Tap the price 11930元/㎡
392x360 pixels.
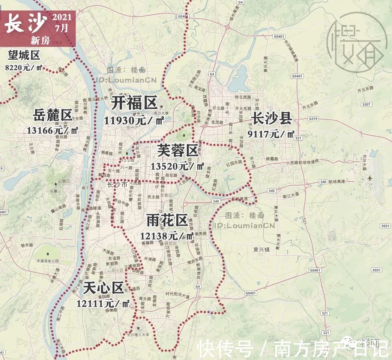(134, 120)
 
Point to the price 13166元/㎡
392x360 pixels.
(53, 130)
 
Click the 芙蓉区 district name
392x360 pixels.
(177, 151)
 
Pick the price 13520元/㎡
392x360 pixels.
(177, 166)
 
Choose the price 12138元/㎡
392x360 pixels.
(167, 236)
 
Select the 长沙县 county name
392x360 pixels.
(272, 118)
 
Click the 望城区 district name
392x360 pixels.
(24, 56)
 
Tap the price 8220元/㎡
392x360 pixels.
(24, 68)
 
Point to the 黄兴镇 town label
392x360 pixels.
(262, 249)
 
